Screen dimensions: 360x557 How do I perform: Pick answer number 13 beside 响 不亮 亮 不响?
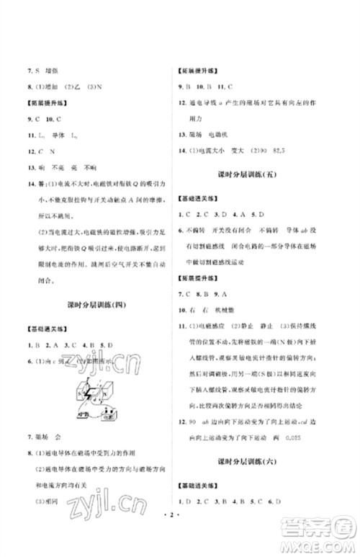point(32,167)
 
